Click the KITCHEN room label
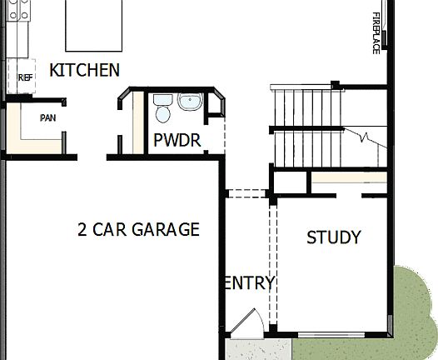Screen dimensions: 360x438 pyautogui.click(x=85, y=70)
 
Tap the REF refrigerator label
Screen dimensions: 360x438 pyautogui.click(x=24, y=77)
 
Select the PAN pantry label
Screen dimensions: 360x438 pyautogui.click(x=48, y=117)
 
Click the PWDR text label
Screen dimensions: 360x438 pyautogui.click(x=177, y=140)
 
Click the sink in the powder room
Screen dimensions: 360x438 pyautogui.click(x=190, y=102)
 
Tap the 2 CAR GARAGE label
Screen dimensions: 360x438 pyautogui.click(x=138, y=229)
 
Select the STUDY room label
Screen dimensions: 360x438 pyautogui.click(x=334, y=237)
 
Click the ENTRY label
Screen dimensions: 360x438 pyautogui.click(x=250, y=283)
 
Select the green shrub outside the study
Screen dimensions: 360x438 pyautogui.click(x=416, y=308)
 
